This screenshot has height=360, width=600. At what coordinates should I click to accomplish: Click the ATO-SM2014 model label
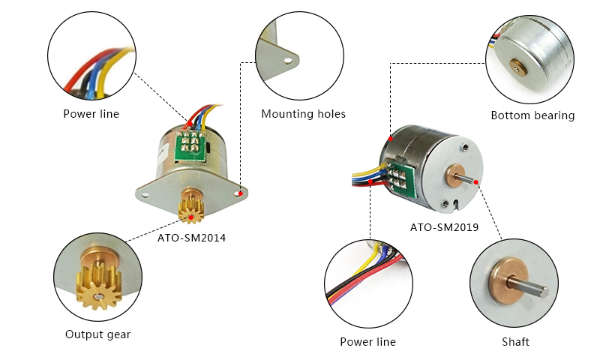pos(191,238)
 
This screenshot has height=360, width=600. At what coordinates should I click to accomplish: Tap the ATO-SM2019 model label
pos(444,226)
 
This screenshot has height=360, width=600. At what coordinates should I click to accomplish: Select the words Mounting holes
pos(303,114)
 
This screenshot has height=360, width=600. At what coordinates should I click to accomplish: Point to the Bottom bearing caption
pos(532,115)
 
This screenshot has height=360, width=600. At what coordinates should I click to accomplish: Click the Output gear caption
pos(97,334)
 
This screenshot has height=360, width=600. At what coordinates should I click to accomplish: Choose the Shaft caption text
pos(515,342)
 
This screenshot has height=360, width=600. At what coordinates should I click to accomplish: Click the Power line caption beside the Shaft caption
pos(367,342)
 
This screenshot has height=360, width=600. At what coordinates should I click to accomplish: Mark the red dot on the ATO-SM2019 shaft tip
pos(477,181)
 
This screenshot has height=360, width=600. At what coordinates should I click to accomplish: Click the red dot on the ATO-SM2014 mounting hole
pos(240,193)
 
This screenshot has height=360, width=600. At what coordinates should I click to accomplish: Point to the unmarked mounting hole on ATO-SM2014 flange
pos(148,192)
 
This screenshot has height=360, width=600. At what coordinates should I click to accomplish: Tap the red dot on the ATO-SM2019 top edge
pos(390,139)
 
